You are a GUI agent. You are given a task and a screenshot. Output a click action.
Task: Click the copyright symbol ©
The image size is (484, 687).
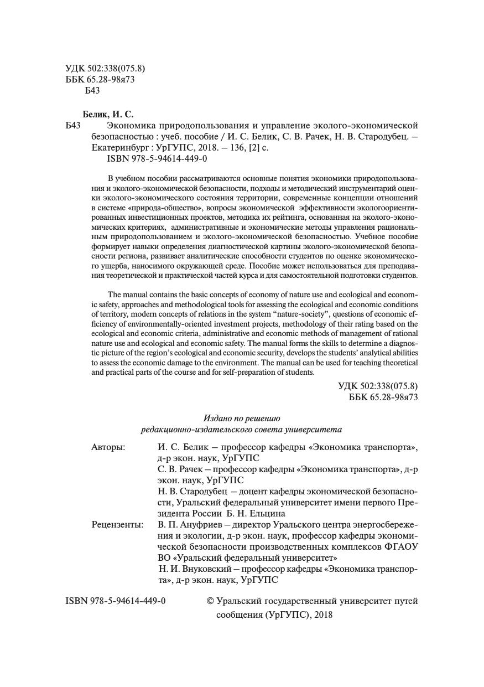tap(210, 601)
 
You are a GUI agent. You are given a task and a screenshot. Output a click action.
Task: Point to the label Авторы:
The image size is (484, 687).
tap(108, 447)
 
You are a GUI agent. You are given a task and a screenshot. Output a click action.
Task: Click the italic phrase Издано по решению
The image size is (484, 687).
tap(242, 418)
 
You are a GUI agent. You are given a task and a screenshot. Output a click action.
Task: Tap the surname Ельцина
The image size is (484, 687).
tap(267, 513)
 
